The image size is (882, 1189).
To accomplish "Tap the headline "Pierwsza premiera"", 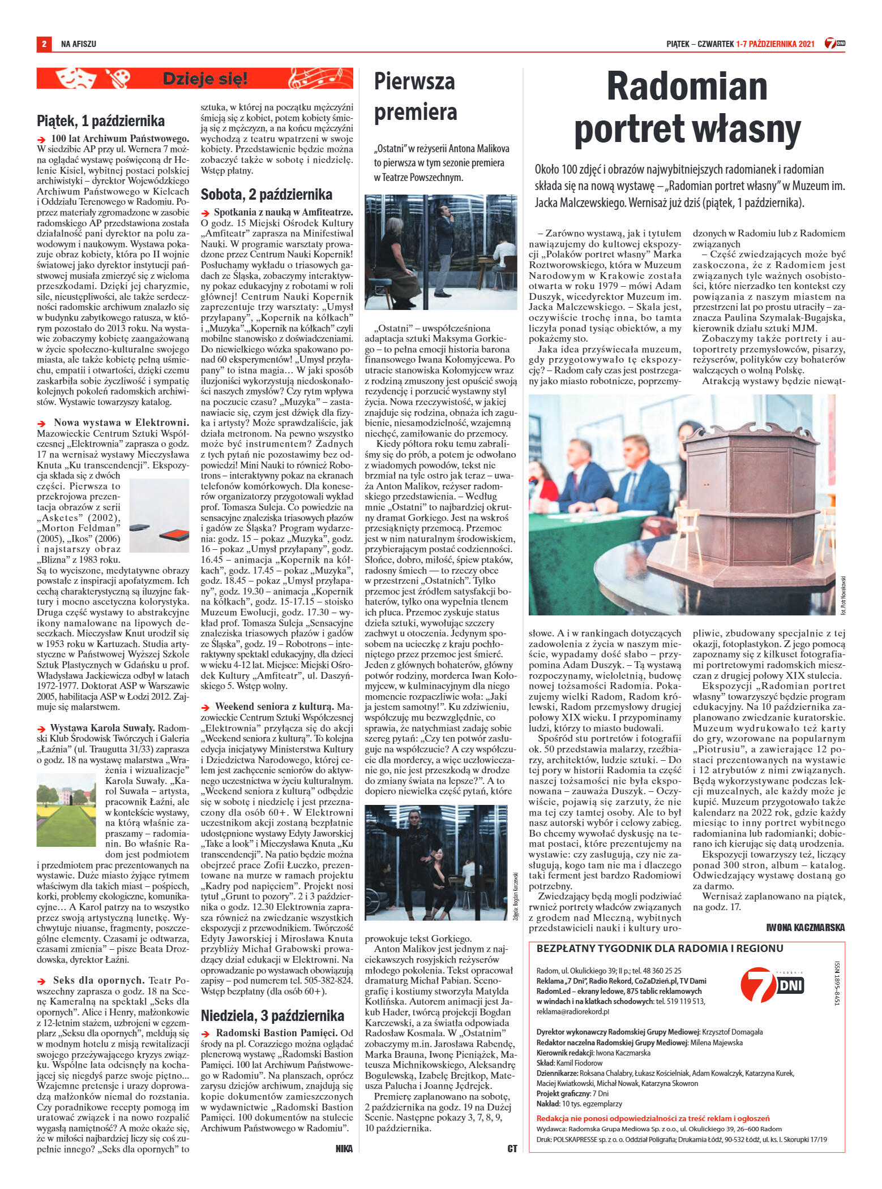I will click(416, 97).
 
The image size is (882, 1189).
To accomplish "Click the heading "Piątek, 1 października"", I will click(101, 121).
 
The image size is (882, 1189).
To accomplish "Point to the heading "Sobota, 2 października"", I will click(267, 195).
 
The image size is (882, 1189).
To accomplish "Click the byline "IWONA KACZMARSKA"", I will click(805, 927).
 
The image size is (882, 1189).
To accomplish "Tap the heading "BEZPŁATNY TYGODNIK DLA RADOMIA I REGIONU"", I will click(660, 947).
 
